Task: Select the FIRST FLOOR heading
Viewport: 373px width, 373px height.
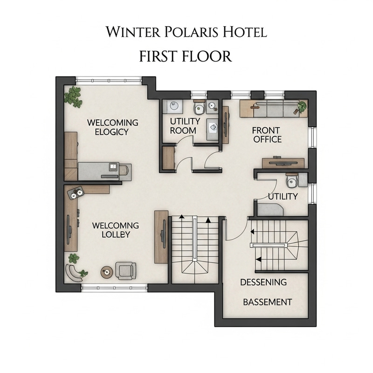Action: pos(186,56)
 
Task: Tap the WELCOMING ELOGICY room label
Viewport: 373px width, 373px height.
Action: pos(113,127)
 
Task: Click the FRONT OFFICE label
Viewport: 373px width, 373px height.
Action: pos(267,134)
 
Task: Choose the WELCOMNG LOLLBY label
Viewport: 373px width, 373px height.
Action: pos(116,230)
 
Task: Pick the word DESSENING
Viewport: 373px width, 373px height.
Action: pos(263,283)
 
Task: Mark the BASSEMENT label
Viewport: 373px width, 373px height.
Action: pos(268,302)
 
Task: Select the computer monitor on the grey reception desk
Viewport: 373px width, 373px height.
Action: pos(113,166)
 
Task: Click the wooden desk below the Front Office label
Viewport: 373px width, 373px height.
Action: pos(283,163)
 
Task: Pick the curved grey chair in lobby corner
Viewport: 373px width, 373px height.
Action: pos(73,272)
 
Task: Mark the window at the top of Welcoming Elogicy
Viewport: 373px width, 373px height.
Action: pos(109,80)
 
